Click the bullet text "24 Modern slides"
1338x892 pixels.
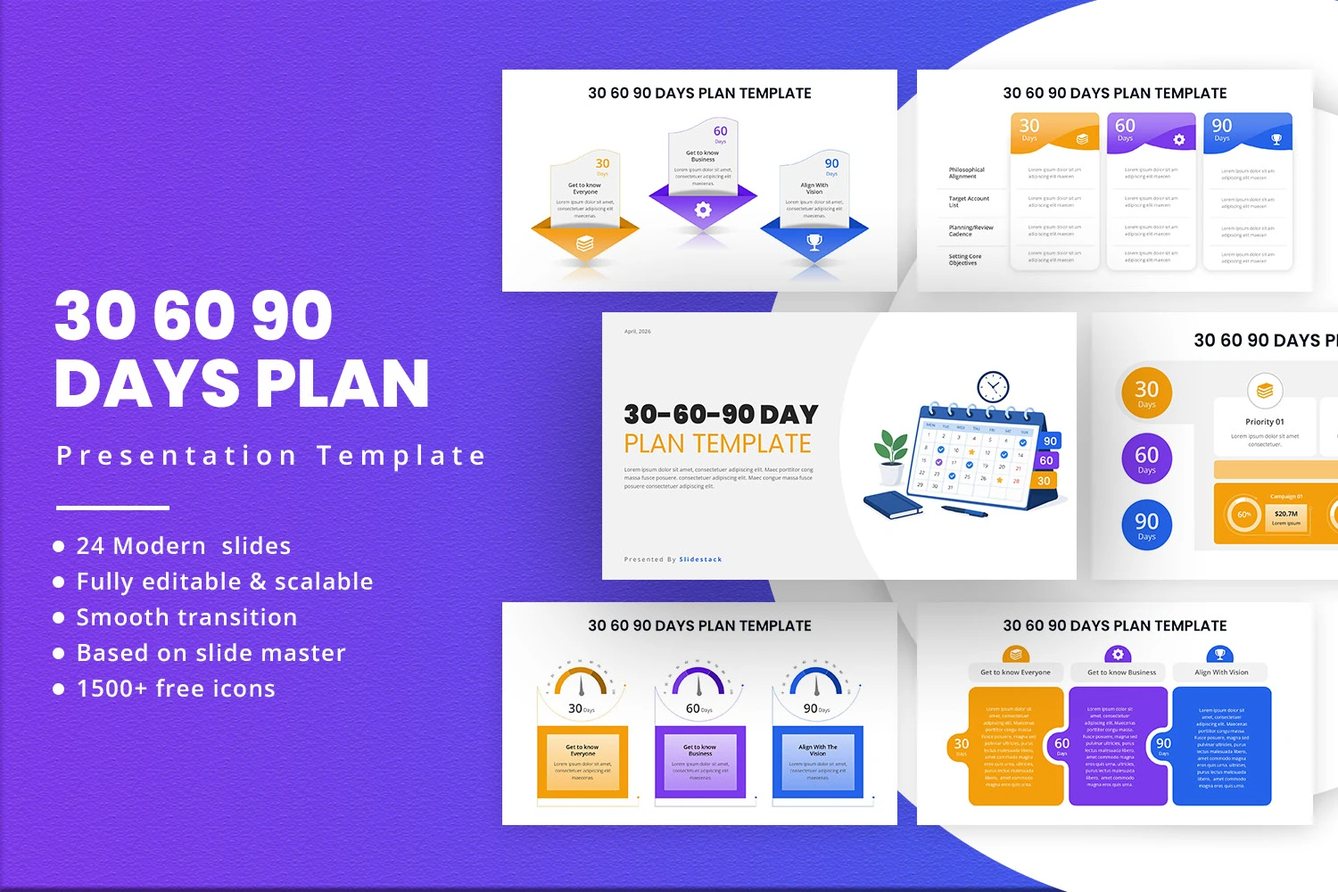point(184,546)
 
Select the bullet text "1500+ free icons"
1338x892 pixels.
point(176,689)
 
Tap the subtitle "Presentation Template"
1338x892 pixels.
point(271,456)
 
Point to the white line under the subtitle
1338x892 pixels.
point(112,508)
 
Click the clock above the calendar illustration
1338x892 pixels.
point(993,387)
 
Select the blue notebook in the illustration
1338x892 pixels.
point(893,504)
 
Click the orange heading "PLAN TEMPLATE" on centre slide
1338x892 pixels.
point(717,443)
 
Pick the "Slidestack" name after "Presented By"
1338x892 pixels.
point(700,559)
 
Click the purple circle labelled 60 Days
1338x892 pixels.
point(1146,458)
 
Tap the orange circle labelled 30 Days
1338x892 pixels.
point(1146,392)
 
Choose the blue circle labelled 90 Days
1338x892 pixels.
point(1146,524)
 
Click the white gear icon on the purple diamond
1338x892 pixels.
point(703,210)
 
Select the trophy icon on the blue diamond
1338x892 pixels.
point(814,242)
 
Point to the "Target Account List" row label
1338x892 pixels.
point(969,202)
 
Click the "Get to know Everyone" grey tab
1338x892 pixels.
point(1015,673)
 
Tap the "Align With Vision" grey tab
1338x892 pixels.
point(1221,673)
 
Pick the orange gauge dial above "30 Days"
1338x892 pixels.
point(582,683)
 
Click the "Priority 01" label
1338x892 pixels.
point(1264,422)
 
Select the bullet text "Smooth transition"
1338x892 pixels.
point(186,617)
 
